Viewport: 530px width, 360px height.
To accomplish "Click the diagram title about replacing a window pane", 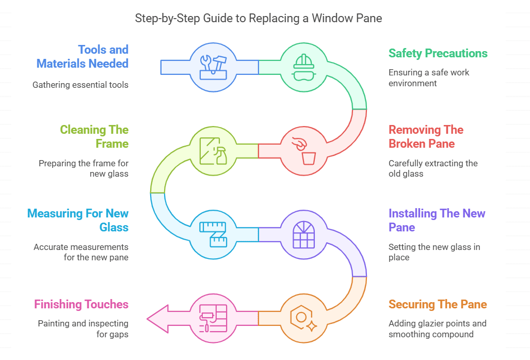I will [258, 18].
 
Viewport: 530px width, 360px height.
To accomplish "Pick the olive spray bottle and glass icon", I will [213, 151].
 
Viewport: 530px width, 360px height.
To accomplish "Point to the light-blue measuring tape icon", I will [213, 234].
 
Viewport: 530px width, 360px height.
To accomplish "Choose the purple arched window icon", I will [303, 234].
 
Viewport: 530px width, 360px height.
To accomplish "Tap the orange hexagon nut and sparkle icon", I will [303, 318].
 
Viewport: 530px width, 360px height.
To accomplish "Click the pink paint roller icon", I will [213, 318].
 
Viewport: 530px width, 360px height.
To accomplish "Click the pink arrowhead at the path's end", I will [158, 318].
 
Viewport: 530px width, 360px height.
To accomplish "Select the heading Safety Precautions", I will [438, 53].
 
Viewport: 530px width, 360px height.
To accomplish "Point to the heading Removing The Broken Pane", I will [426, 137].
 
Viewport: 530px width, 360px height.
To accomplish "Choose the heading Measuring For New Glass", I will [78, 221].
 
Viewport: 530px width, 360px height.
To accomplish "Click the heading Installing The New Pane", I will [437, 221].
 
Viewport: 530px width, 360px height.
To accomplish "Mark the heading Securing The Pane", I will [438, 304].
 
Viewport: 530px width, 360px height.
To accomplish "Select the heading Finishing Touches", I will [81, 304].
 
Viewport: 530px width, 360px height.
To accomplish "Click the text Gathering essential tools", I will [81, 85].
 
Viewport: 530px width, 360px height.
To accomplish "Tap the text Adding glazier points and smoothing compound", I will [437, 329].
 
